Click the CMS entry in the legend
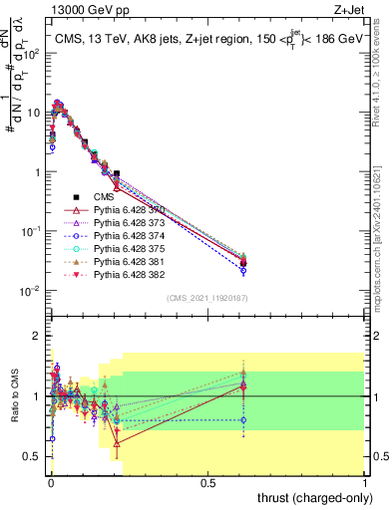(105, 197)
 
